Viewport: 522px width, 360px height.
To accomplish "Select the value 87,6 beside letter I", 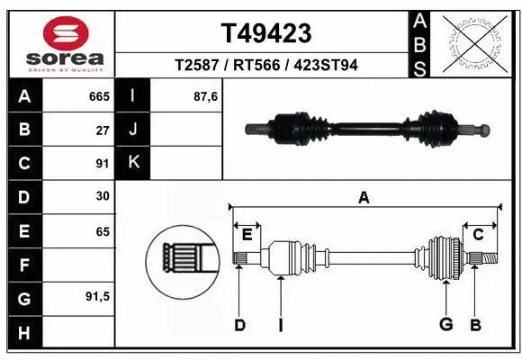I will tap(205, 96).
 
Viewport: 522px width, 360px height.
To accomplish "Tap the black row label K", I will tap(134, 163).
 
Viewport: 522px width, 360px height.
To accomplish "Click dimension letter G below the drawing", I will tap(445, 325).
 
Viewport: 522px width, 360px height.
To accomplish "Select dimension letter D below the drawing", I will tap(239, 325).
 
